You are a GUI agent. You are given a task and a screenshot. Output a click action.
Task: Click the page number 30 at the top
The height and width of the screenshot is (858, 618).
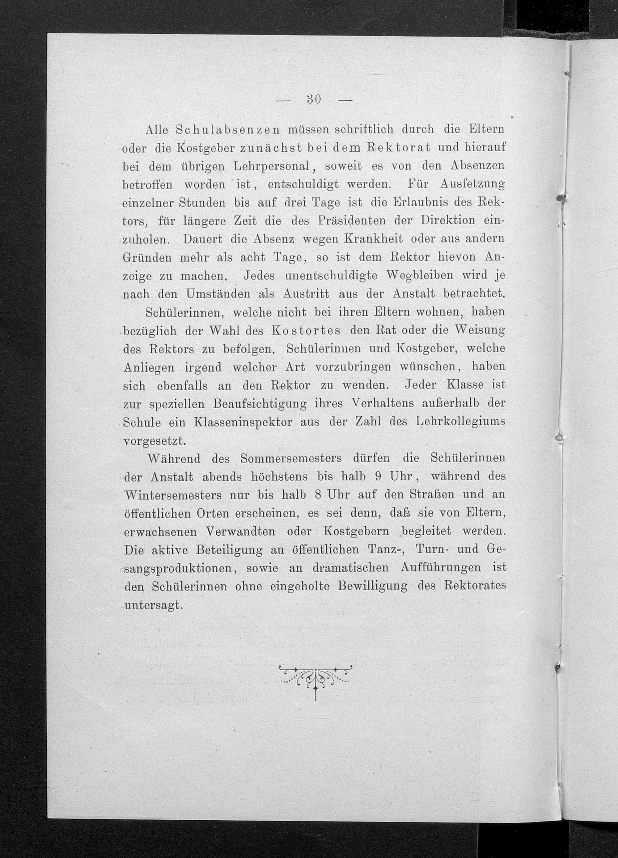point(313,100)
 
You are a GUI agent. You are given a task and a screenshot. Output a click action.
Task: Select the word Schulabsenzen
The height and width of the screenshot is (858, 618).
point(228,130)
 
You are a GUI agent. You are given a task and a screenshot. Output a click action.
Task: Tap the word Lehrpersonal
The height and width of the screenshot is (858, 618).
point(273,166)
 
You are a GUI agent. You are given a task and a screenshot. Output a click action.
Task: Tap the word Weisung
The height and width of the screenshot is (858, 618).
point(480,330)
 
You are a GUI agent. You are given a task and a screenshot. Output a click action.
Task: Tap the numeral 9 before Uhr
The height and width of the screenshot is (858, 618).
point(377,477)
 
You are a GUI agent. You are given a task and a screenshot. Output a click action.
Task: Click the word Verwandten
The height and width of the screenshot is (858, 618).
point(241,532)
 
